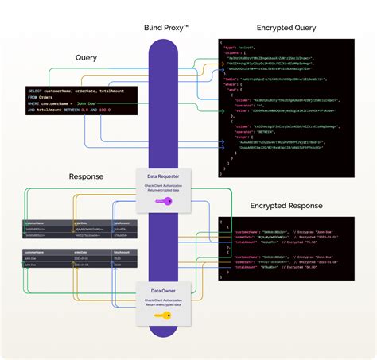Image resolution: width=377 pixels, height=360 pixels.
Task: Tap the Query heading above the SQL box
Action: (86, 58)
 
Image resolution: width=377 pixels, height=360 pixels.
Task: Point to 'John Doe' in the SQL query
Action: (84, 103)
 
